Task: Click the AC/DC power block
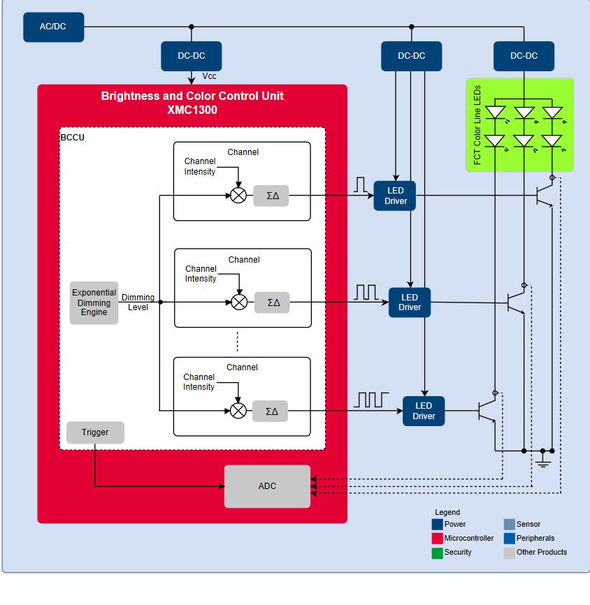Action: (53, 27)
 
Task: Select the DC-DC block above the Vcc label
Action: (192, 56)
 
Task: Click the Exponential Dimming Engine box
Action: (94, 302)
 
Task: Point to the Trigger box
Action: (95, 432)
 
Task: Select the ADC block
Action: (267, 486)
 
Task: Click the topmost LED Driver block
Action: (395, 196)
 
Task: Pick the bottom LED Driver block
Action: (424, 411)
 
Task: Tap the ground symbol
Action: (542, 462)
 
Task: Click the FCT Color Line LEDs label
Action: (477, 125)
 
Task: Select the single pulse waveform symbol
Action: (361, 184)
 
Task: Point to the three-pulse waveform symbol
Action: (370, 400)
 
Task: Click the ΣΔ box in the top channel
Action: (271, 196)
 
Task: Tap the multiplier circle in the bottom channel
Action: (238, 411)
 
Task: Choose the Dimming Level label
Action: (138, 302)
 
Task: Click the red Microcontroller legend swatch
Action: (438, 539)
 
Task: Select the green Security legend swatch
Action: (438, 553)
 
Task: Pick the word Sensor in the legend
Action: (528, 524)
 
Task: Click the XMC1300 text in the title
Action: (192, 110)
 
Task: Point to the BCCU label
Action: (73, 138)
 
